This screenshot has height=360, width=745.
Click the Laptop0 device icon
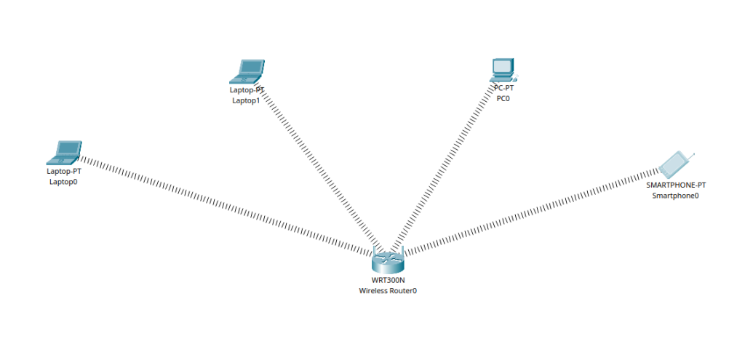point(64,153)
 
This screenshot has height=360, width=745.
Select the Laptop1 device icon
point(247,72)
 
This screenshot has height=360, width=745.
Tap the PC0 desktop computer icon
point(503,70)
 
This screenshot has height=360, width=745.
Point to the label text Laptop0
point(63,182)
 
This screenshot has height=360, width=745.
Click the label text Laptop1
point(246,100)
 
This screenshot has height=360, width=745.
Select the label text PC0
point(503,98)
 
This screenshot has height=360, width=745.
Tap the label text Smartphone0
point(675,195)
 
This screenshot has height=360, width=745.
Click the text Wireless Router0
point(388,290)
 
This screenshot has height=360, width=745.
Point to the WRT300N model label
point(388,280)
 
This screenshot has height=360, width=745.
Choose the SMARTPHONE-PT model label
point(676,185)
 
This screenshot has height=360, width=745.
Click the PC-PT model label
point(503,88)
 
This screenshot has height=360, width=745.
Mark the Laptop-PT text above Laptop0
point(63,172)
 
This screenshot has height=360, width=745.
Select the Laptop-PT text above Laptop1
point(247,90)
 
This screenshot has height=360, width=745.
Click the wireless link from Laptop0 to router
point(218,203)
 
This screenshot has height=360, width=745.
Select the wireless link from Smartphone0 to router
point(531,211)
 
